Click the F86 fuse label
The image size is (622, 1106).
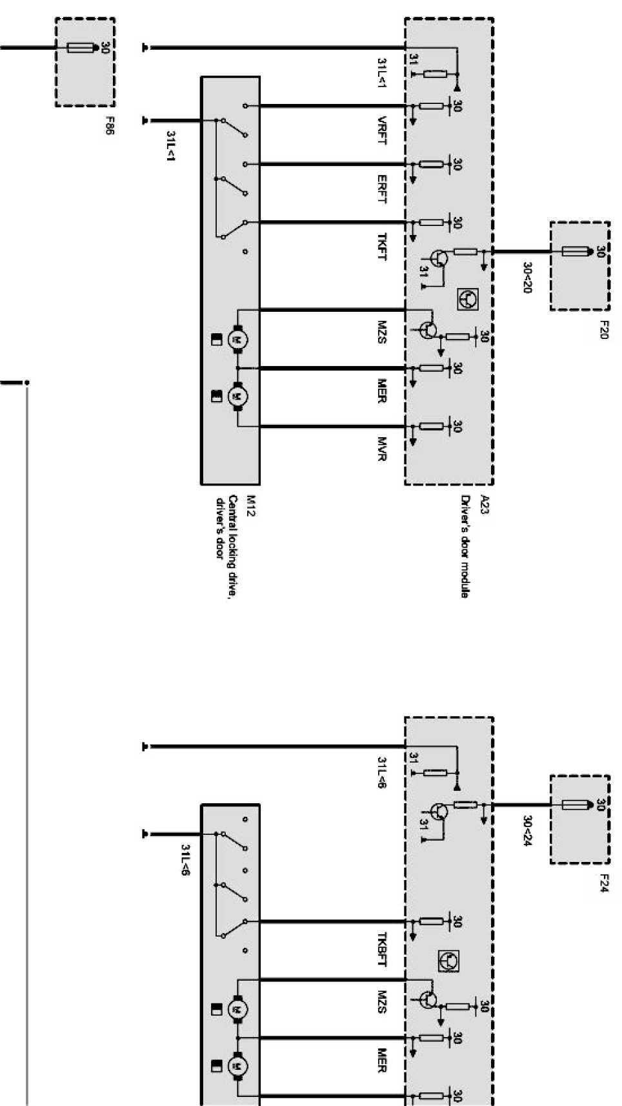pos(110,125)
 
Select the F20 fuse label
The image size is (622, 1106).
pos(604,330)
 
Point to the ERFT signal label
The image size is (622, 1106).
pos(382,189)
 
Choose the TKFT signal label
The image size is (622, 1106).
pos(382,247)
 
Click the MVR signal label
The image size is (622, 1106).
pos(382,449)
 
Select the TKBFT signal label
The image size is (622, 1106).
pos(382,949)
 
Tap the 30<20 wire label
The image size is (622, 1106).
pos(527,278)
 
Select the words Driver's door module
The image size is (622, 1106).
pos(465,546)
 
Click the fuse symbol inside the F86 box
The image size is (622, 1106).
pos(81,47)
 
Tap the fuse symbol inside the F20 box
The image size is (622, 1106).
pos(575,251)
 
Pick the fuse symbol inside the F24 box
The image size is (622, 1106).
pos(575,804)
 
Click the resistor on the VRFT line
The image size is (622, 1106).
pos(431,106)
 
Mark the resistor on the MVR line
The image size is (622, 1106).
pos(431,426)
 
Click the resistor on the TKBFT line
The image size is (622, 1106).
pos(431,921)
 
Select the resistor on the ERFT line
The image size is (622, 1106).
pos(431,164)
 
